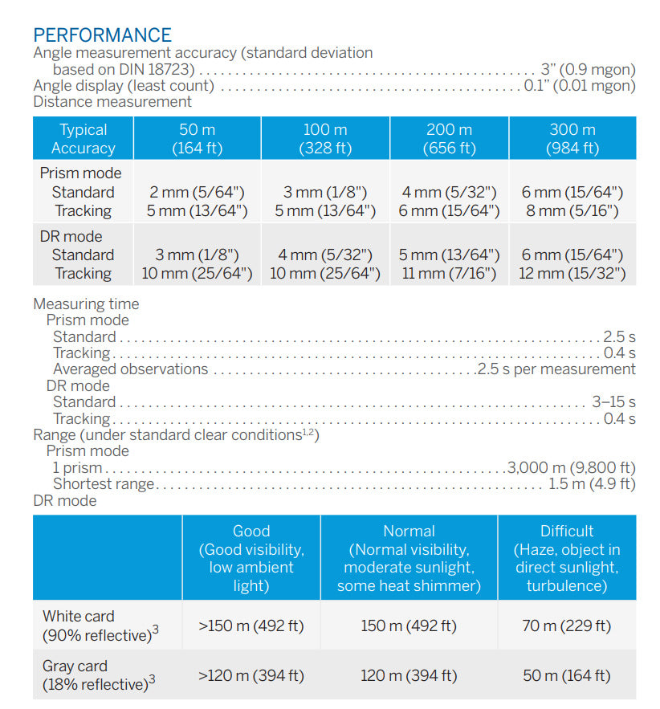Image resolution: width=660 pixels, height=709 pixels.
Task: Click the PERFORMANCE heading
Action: coord(102,35)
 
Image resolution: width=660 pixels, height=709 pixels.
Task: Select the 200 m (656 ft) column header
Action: coord(449,138)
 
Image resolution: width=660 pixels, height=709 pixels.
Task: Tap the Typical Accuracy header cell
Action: coord(83,138)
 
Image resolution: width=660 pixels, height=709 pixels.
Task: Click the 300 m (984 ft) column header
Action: coord(572,138)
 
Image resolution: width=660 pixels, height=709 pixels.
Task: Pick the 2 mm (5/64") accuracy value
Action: coord(198,192)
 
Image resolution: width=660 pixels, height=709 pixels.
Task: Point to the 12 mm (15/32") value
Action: coord(572,274)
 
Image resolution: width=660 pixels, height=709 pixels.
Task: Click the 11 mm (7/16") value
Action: coord(449,274)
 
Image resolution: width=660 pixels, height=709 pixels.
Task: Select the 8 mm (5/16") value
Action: coord(572,211)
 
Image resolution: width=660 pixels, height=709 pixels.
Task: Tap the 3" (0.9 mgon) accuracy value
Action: coord(589,69)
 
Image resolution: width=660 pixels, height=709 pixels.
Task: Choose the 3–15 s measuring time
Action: coord(613,401)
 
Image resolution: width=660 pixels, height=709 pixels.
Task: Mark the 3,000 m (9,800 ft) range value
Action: coord(571,467)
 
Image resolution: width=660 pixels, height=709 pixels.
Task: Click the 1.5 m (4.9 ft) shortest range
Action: coord(592,483)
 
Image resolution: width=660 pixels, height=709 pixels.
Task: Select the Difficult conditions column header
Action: coord(567,558)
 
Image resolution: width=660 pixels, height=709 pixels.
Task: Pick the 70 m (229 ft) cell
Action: coord(566,625)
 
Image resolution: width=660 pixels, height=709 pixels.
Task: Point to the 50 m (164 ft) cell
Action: coord(566,675)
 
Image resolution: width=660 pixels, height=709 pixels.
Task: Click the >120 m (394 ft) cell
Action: coord(251,675)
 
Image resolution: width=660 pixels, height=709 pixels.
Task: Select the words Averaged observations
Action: coord(130,369)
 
